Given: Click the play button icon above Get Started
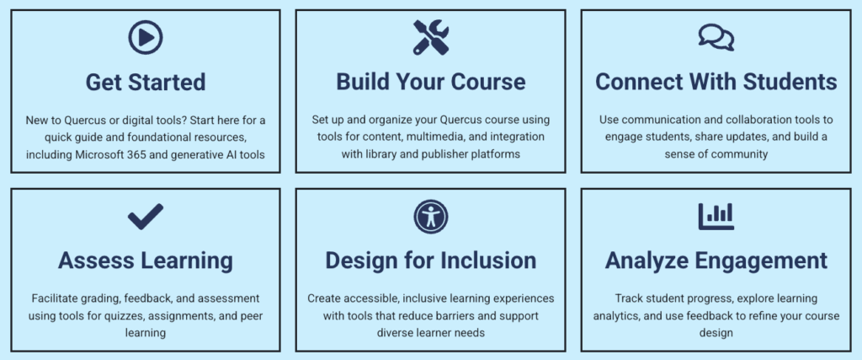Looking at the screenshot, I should [145, 37].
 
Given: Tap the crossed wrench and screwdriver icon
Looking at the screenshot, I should [430, 37].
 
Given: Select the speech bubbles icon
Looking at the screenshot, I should [716, 37].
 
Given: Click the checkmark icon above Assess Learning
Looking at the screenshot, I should [145, 217].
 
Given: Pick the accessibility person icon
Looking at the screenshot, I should [430, 217].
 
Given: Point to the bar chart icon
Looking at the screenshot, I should [716, 217].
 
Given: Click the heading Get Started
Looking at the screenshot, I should [145, 82].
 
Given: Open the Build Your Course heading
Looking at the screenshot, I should [430, 82].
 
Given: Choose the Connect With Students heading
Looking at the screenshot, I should [716, 82].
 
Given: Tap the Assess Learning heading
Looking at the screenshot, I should [145, 261].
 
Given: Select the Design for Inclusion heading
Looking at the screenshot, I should [430, 261].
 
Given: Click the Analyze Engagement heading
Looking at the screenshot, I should [716, 261].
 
